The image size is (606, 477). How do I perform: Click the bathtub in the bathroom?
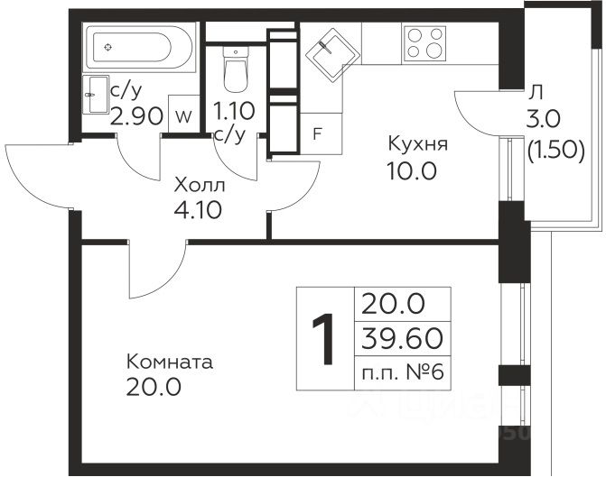pos(139,47)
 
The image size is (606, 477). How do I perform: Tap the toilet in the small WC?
pos(236,69)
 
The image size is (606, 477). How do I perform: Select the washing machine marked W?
pos(184,114)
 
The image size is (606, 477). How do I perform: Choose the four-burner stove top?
pos(424,44)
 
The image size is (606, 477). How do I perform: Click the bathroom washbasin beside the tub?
pos(96,95)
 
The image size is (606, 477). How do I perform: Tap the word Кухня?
pos(418,144)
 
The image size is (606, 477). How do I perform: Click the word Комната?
pos(170,362)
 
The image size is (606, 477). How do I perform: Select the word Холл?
pos(200,186)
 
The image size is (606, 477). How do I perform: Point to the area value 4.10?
pos(198,210)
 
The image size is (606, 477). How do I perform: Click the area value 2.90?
pos(136,116)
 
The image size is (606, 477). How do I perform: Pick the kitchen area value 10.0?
pos(412,171)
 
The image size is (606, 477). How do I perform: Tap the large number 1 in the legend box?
pos(323,339)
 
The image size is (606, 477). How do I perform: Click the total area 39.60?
pos(402,337)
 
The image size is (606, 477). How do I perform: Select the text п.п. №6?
pos(403,372)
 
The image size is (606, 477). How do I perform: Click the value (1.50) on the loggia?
pos(555,150)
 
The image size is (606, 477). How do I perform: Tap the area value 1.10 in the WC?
pos(234,111)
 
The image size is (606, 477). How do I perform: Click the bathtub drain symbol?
pos(108,47)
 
